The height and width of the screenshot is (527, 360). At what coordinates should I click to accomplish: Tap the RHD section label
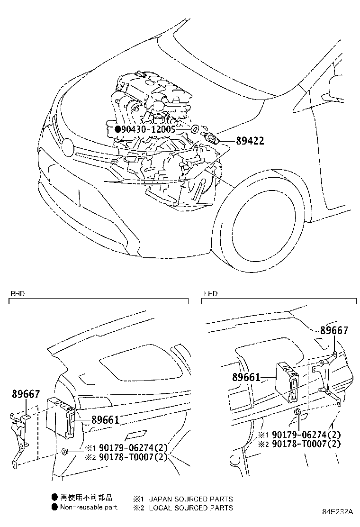[17, 294]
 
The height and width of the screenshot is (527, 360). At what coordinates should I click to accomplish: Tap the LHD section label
[210, 294]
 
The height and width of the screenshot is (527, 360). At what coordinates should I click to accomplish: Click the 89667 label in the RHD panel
[26, 394]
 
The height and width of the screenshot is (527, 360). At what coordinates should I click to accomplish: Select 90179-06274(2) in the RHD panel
[127, 448]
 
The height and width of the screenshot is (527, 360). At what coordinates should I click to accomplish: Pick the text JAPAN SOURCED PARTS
[191, 499]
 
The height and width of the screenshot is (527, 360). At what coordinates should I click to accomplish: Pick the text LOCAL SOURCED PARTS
[191, 508]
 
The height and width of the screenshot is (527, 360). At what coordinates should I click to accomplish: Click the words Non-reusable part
[89, 507]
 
